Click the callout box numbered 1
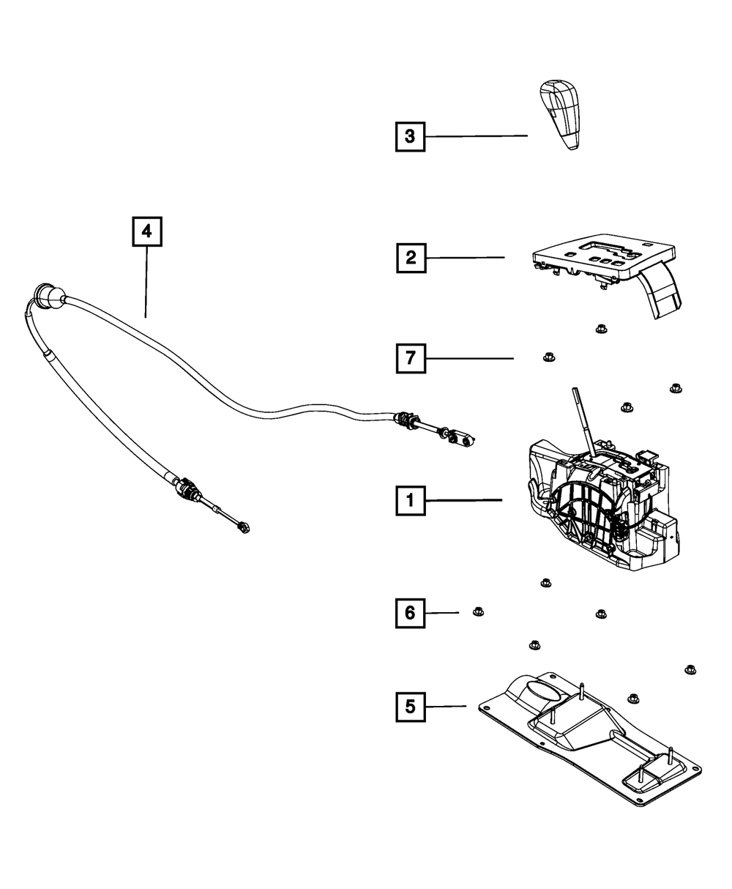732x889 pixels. (x=410, y=501)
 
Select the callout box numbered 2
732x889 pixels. (x=411, y=258)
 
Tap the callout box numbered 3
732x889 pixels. (x=410, y=137)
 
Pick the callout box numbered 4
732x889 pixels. (x=147, y=231)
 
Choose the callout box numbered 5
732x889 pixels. (x=410, y=707)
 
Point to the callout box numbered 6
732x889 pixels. (x=410, y=613)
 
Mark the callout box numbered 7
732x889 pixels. (x=411, y=359)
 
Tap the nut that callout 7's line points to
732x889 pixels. (x=549, y=357)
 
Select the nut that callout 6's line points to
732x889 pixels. (x=478, y=611)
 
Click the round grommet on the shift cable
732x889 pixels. (x=48, y=296)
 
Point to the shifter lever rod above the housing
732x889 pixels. (x=583, y=425)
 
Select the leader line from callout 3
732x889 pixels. (x=477, y=136)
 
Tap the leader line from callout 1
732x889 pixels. (x=464, y=500)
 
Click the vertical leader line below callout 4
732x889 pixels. (x=146, y=282)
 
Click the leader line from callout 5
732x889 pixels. (x=446, y=707)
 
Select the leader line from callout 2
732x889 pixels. (x=466, y=258)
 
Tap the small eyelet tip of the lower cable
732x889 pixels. (x=244, y=529)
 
